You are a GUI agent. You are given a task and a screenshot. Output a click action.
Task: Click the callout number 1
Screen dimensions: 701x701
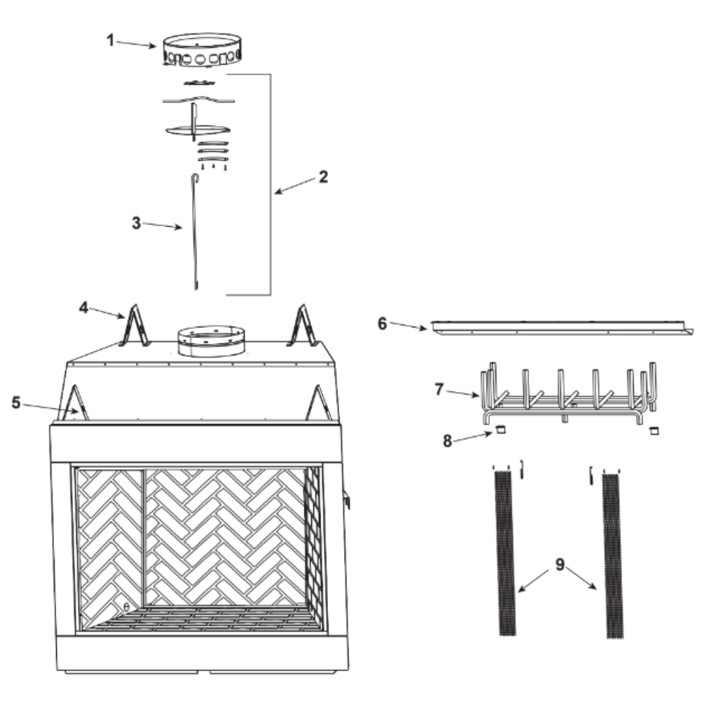(110, 40)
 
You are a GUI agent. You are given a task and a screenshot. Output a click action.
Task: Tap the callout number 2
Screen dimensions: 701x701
(323, 177)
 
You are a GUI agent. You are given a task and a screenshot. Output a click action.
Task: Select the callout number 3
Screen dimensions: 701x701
(137, 223)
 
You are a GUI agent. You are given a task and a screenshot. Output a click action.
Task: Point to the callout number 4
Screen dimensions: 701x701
(83, 308)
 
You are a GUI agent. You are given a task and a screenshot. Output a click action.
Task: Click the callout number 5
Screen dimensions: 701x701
(16, 403)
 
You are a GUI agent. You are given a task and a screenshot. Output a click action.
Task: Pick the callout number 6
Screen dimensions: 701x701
(382, 323)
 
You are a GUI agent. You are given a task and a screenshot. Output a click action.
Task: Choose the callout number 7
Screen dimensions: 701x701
(440, 389)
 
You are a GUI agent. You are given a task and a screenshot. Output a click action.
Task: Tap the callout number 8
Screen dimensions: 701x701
(447, 441)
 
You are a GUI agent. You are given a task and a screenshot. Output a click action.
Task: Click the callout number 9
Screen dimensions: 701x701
(560, 564)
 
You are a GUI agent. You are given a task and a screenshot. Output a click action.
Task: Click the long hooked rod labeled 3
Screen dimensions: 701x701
(194, 233)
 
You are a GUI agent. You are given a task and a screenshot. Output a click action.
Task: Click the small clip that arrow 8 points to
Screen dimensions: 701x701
(501, 430)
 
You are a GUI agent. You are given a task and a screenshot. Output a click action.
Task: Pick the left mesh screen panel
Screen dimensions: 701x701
(504, 554)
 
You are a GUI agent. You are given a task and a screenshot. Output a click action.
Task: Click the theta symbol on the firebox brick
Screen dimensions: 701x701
(126, 606)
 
